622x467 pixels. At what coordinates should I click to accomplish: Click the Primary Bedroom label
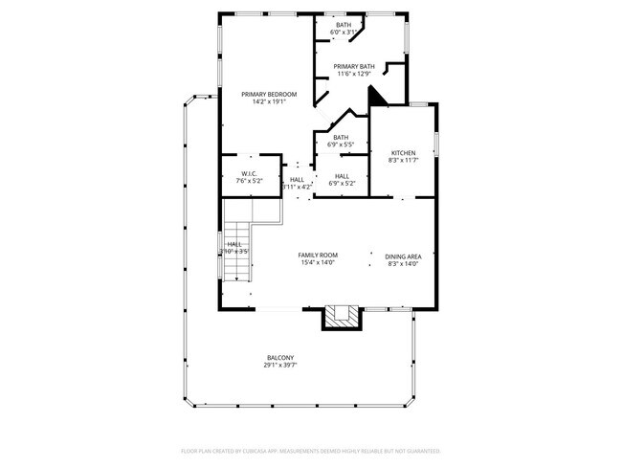pyautogui.click(x=269, y=94)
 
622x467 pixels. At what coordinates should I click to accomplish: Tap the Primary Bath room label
pyautogui.click(x=354, y=66)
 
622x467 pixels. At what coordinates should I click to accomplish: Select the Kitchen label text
pyautogui.click(x=403, y=154)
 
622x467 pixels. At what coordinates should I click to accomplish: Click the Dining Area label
pyautogui.click(x=403, y=256)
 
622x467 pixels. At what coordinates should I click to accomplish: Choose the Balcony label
pyautogui.click(x=279, y=359)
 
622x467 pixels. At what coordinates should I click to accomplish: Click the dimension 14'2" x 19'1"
pyautogui.click(x=269, y=101)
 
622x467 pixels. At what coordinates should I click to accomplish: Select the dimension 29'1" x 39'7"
pyautogui.click(x=279, y=367)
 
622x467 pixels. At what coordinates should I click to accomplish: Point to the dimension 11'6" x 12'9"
pyautogui.click(x=354, y=74)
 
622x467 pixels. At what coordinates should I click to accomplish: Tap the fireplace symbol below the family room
pyautogui.click(x=342, y=317)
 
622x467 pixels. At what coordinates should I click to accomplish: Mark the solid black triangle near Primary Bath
pyautogui.click(x=377, y=96)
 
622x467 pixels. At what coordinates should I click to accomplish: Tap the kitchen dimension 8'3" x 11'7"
pyautogui.click(x=403, y=162)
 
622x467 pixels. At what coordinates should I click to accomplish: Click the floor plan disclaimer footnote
pyautogui.click(x=310, y=450)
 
